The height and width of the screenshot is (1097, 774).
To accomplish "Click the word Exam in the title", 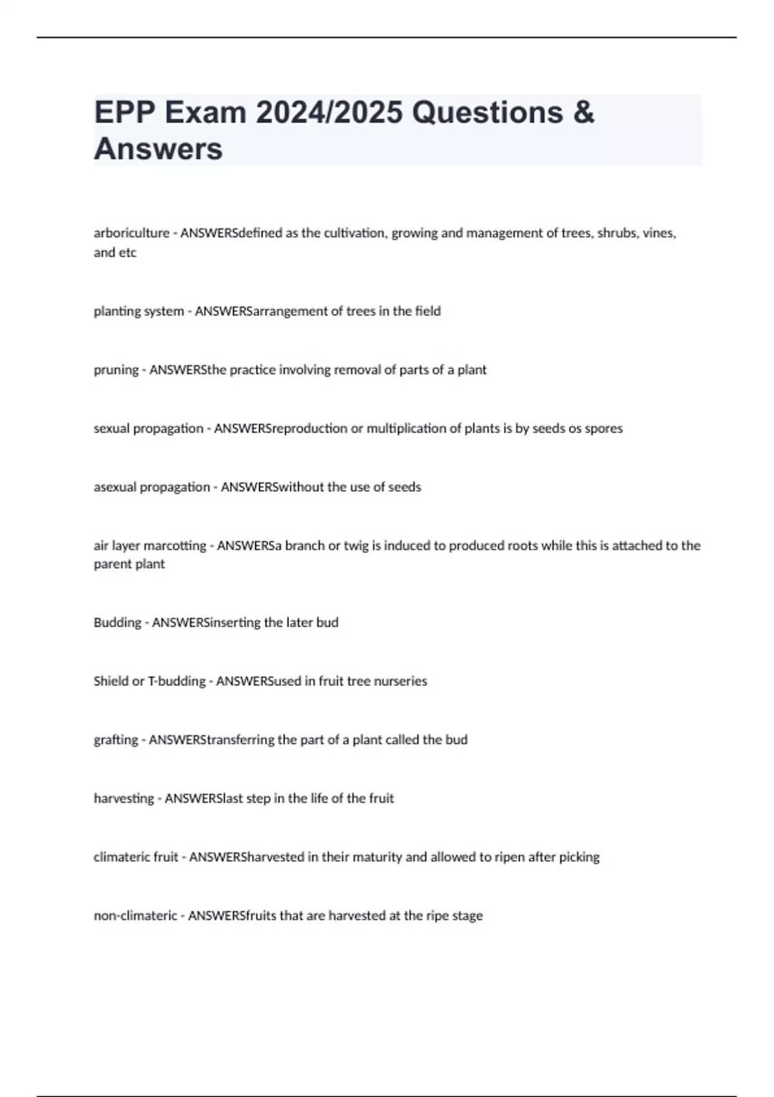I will click(204, 112).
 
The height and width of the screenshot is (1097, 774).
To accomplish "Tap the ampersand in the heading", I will click(582, 112).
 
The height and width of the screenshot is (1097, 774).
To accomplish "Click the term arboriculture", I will click(131, 233).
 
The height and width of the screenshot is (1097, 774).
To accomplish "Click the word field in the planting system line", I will click(428, 311).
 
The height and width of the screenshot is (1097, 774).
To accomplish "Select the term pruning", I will click(116, 370).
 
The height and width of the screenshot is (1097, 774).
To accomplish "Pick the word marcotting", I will click(175, 545).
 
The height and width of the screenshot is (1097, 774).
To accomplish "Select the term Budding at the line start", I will click(117, 623).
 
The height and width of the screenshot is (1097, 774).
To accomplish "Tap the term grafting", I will click(115, 740).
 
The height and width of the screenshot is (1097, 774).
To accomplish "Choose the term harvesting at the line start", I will click(124, 798).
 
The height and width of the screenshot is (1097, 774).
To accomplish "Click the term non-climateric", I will click(135, 916).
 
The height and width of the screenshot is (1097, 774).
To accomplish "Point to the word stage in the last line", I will click(467, 916).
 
